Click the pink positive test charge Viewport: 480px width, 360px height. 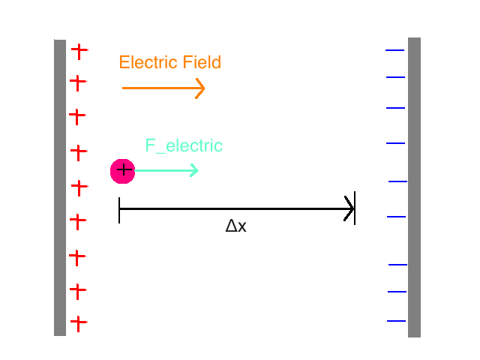click(122, 171)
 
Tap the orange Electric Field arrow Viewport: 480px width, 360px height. click(163, 88)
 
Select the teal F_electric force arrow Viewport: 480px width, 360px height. click(166, 170)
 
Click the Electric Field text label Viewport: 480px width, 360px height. click(170, 62)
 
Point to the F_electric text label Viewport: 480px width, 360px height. click(184, 145)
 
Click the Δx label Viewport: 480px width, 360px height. click(235, 226)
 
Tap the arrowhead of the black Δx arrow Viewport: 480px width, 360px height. click(349, 208)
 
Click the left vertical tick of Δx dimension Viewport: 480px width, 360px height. click(119, 210)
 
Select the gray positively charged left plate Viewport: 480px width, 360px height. click(60, 187)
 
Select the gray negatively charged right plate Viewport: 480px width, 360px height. click(414, 187)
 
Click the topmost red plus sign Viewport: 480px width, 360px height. click(79, 51)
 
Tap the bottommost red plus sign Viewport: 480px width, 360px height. click(78, 323)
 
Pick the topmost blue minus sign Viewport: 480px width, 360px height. click(394, 50)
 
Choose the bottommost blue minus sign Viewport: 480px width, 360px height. click(396, 321)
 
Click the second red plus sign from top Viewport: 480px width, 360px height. click(77, 82)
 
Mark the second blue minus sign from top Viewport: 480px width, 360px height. click(394, 76)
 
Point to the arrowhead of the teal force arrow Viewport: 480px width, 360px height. click(194, 170)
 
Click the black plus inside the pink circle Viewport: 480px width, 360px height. click(124, 170)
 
